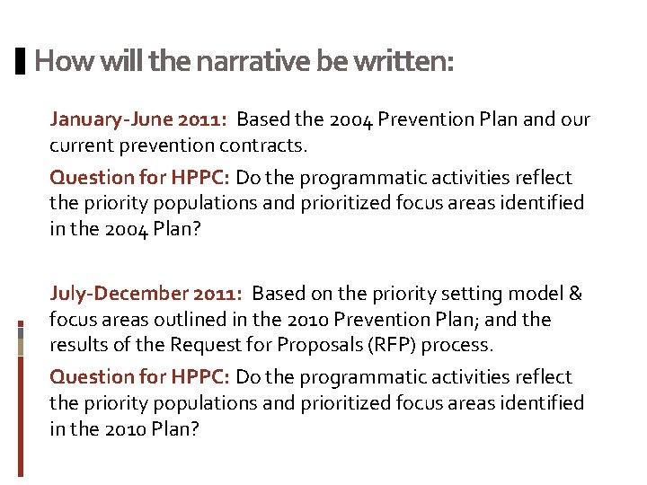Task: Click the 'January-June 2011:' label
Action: point(140,119)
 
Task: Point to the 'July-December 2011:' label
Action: point(146,294)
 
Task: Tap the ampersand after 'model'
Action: point(576,294)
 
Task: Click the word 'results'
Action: point(78,346)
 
